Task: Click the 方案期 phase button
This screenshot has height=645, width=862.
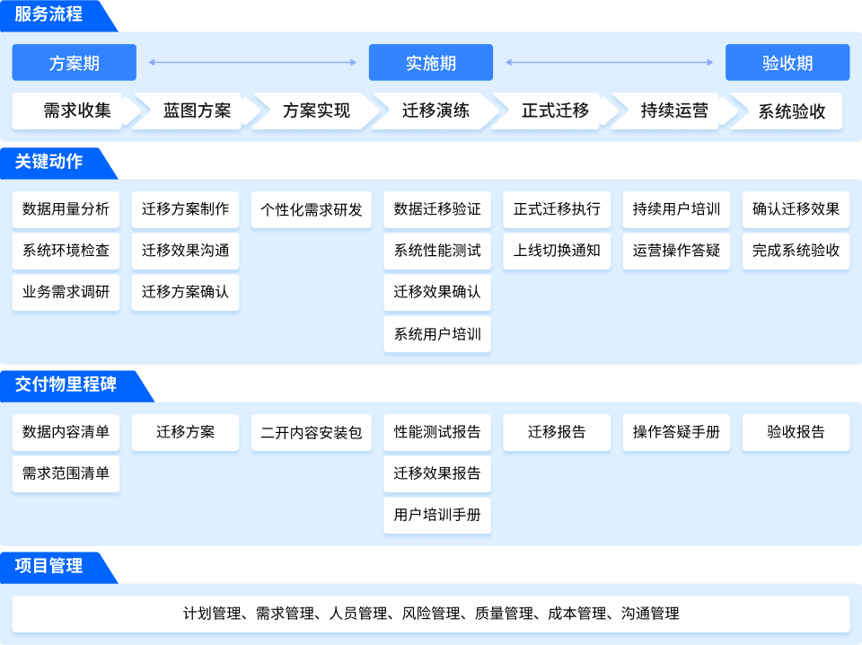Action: (74, 63)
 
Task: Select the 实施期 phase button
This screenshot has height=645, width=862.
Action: (431, 63)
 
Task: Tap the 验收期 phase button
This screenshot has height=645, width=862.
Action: (787, 63)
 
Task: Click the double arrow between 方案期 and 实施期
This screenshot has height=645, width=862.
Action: (252, 63)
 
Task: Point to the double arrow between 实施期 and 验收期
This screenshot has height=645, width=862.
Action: (610, 63)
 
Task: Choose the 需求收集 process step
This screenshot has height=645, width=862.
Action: (77, 111)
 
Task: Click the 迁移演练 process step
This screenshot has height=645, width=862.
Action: (435, 111)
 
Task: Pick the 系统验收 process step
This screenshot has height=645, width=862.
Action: (791, 111)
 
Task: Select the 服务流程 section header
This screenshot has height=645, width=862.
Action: (49, 15)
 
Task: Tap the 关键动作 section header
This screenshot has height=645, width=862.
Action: (49, 162)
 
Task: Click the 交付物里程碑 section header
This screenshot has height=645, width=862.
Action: (66, 384)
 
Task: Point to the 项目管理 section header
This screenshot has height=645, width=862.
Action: (49, 566)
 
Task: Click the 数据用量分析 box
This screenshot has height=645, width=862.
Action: (66, 209)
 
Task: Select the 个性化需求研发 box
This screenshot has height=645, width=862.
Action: (312, 209)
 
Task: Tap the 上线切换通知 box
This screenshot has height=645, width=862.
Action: (557, 251)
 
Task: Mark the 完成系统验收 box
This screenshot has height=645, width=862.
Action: (796, 251)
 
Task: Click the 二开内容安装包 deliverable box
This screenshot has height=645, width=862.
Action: (312, 432)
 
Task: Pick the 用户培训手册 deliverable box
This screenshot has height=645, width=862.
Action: (437, 516)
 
